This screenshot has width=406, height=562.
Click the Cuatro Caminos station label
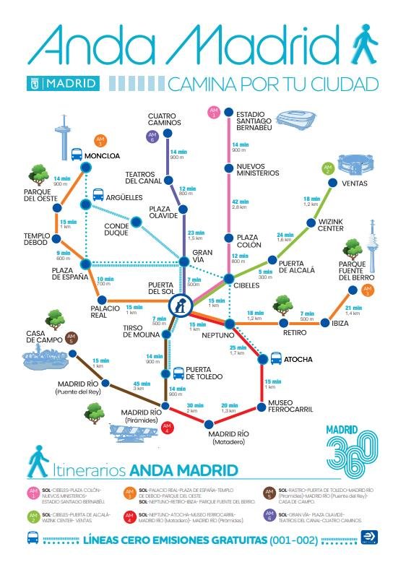click(164, 119)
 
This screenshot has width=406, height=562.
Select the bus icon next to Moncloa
click(76, 155)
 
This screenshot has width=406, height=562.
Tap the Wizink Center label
click(335, 225)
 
